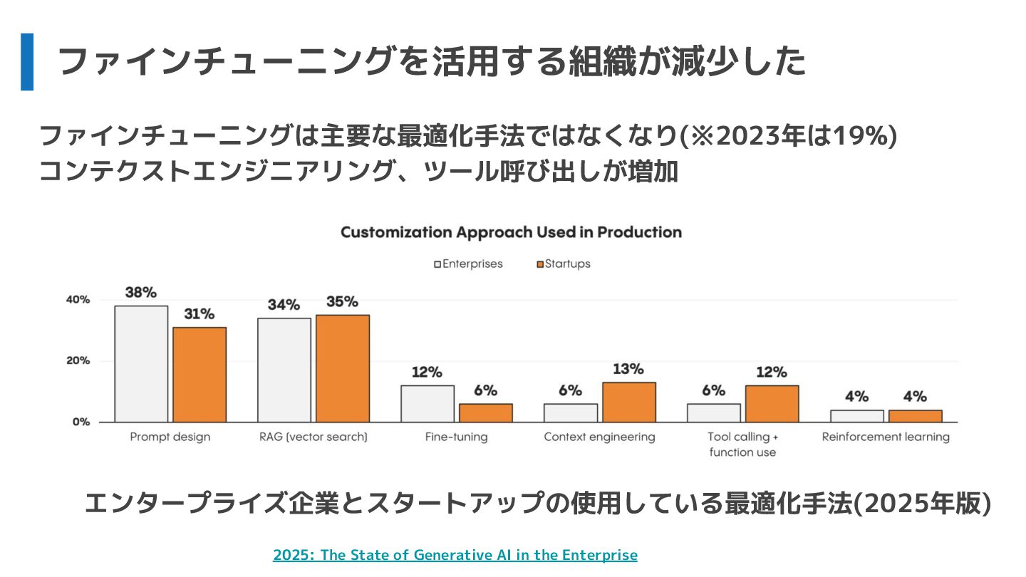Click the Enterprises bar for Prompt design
(x=141, y=364)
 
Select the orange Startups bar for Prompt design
(x=199, y=375)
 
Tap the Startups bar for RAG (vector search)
(x=343, y=368)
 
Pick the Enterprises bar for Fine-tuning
(x=427, y=403)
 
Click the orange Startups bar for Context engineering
(x=629, y=402)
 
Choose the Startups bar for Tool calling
(x=772, y=404)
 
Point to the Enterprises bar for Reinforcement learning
(x=856, y=416)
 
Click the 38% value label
(x=141, y=292)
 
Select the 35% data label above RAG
(x=342, y=301)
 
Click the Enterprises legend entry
(x=468, y=264)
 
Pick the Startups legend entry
(x=563, y=264)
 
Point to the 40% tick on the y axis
(x=78, y=300)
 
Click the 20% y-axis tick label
(x=78, y=361)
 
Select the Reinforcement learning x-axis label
(x=886, y=437)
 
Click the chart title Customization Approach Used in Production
(x=511, y=232)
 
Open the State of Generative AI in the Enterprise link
(x=455, y=555)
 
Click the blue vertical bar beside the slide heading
(x=27, y=62)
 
